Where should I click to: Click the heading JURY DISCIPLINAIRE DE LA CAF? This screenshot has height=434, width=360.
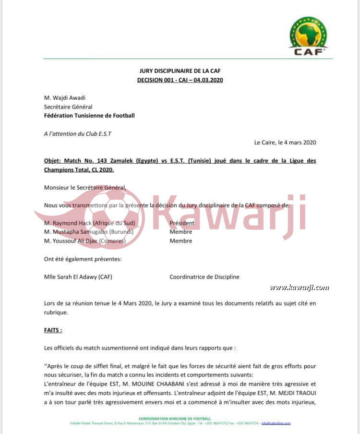(x=180, y=71)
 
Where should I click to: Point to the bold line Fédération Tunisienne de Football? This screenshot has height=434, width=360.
(x=89, y=116)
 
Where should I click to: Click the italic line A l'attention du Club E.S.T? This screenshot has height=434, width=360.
(x=77, y=134)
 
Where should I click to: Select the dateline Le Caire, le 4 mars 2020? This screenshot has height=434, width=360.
(x=285, y=143)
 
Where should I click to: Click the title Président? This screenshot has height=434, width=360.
(x=182, y=223)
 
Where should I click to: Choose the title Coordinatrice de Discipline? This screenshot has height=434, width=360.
(x=204, y=277)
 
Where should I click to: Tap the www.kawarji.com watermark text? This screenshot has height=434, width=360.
(x=299, y=288)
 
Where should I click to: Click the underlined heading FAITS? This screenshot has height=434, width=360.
(x=53, y=330)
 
